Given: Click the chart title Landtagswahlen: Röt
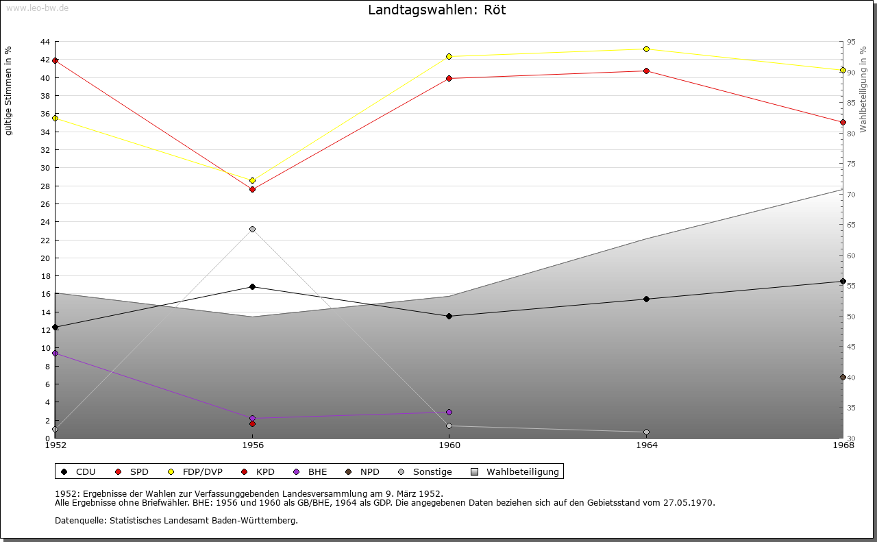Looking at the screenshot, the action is (x=437, y=10).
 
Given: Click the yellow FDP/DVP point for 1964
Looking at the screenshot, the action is (x=646, y=49).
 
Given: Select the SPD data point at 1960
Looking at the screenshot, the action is (x=449, y=78).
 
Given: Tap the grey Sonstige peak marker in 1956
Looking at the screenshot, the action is (x=253, y=229).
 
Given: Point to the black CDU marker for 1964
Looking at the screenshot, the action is (x=646, y=299).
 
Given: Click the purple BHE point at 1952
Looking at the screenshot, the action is (x=55, y=354).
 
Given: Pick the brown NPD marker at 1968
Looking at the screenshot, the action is (x=843, y=377).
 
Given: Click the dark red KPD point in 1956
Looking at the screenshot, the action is (x=253, y=423).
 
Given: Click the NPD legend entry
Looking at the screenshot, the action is (x=362, y=471).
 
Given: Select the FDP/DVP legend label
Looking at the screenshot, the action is (x=202, y=471).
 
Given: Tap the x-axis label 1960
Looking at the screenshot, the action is (x=449, y=445).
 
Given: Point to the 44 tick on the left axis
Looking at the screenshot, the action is (x=45, y=42).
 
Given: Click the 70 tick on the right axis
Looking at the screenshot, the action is (x=851, y=194).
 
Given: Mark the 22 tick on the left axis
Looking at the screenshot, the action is (x=45, y=240).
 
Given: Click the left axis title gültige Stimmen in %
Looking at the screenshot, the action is (x=8, y=91).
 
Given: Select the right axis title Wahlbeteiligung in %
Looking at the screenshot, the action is (x=863, y=89).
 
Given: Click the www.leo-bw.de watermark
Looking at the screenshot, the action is (x=37, y=8).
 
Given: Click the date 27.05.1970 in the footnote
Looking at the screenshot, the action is (x=689, y=502).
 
